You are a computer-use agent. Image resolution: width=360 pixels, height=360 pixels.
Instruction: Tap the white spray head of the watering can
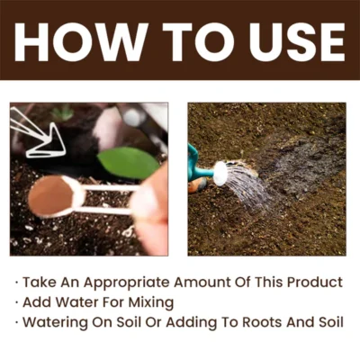pyautogui.click(x=220, y=173)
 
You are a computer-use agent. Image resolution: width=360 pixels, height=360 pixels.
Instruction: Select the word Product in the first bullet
pyautogui.click(x=312, y=283)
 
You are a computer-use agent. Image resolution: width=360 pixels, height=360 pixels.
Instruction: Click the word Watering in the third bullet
pyautogui.click(x=57, y=322)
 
